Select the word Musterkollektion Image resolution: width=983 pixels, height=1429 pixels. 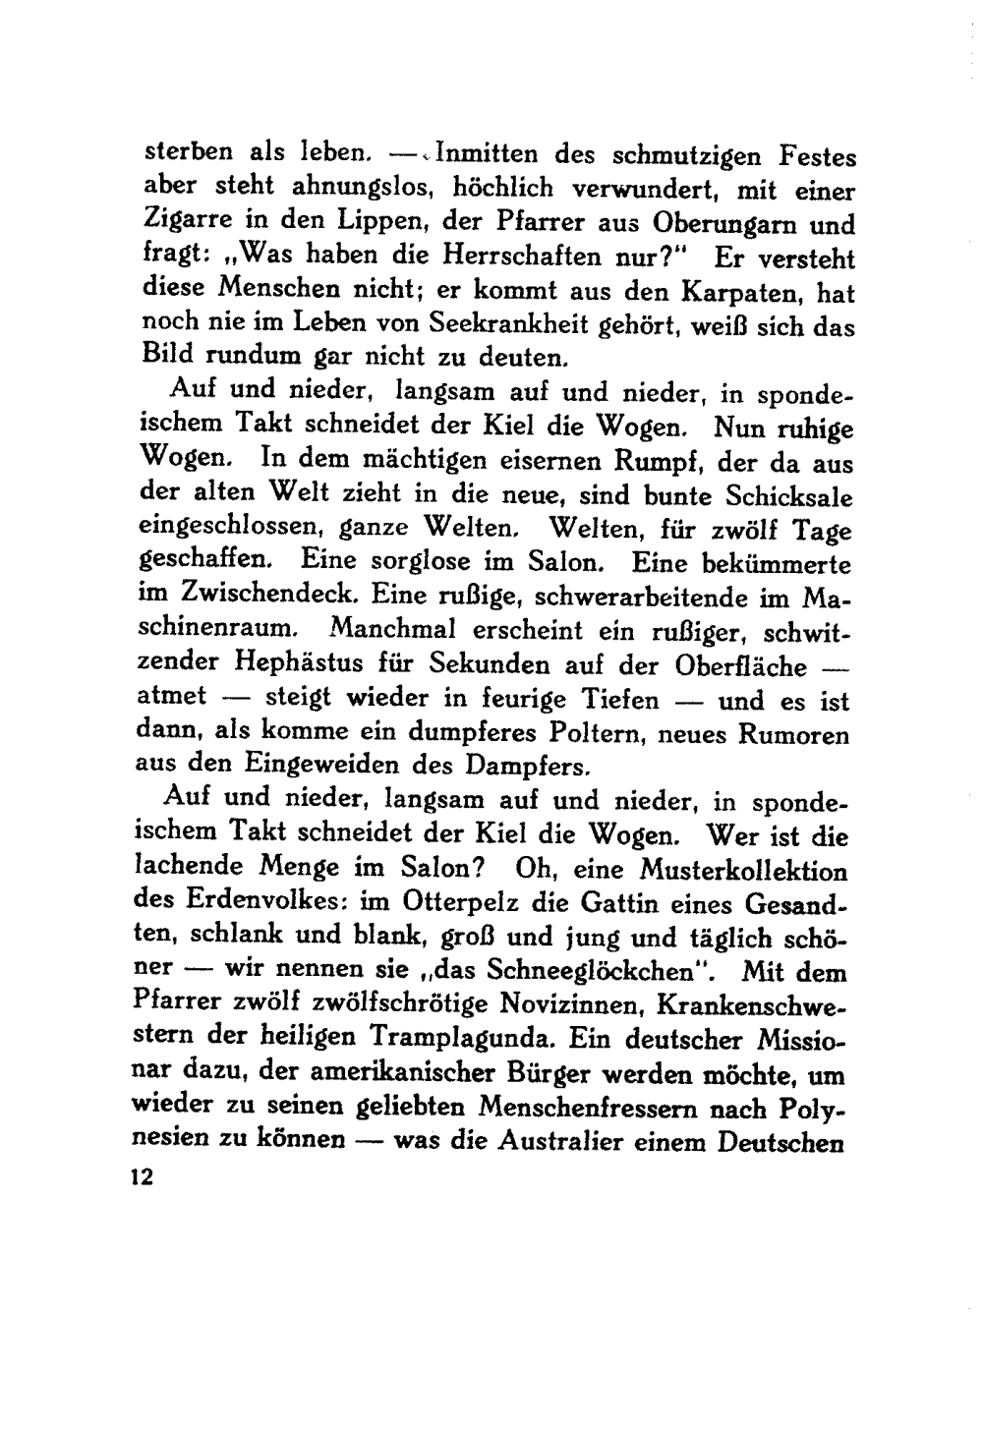tap(742, 871)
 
